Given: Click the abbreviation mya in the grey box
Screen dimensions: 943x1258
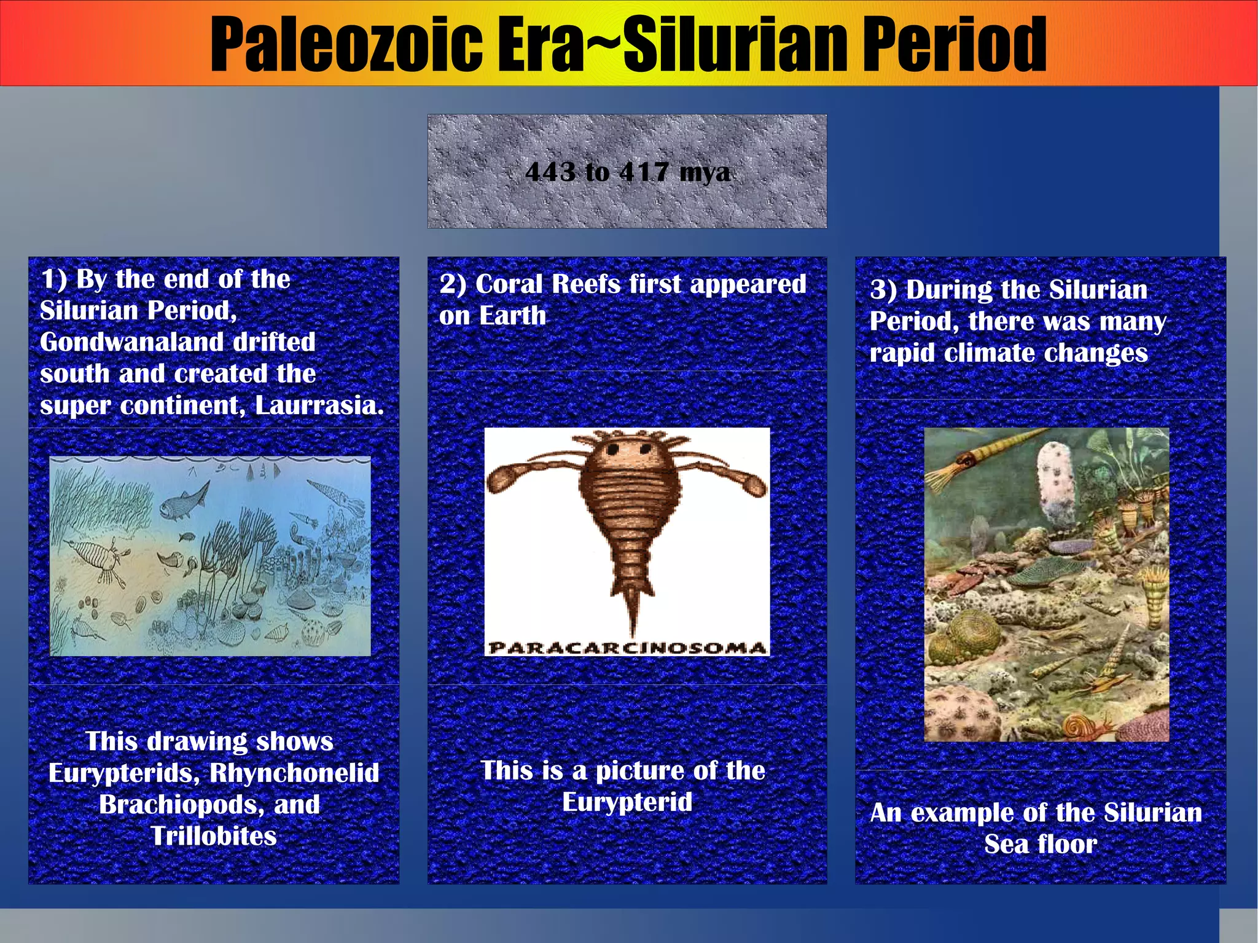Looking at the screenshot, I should [x=705, y=172].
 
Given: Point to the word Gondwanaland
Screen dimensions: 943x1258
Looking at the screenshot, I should [x=178, y=342].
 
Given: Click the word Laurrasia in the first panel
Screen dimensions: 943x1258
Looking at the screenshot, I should [x=319, y=405].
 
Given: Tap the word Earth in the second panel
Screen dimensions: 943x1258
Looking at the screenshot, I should [x=512, y=316].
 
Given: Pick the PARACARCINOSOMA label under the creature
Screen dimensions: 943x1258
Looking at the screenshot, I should [x=627, y=648].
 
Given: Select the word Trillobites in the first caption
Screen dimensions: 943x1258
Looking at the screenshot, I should [x=214, y=836].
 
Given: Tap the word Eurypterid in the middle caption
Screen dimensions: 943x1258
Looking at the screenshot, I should [x=627, y=802].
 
